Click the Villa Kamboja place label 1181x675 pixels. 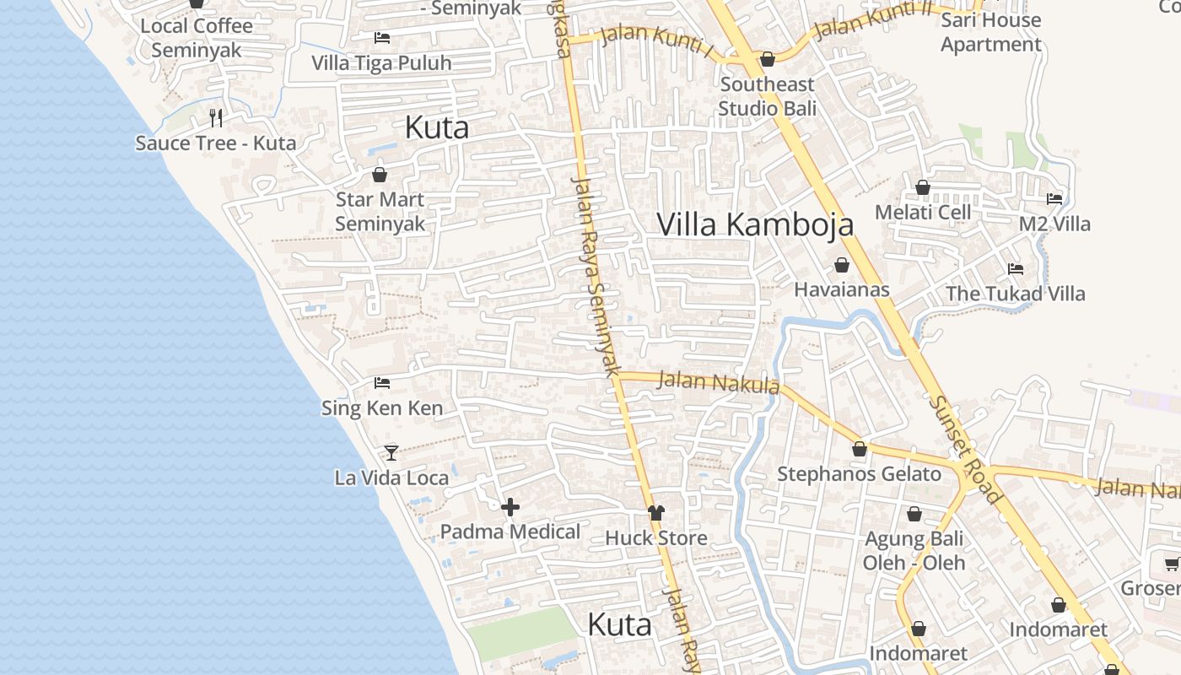tap(755, 224)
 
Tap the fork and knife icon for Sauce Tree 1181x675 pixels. tap(216, 117)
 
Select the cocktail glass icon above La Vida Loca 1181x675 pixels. tap(391, 453)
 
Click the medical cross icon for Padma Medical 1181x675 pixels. tap(510, 507)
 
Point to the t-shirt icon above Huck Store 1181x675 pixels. tap(656, 512)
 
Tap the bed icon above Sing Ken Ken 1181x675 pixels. tap(382, 383)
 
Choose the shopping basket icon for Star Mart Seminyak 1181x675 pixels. tap(380, 175)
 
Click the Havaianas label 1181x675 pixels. tap(842, 289)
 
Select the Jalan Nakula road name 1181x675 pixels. tap(717, 382)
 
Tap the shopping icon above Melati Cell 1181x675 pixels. tap(923, 187)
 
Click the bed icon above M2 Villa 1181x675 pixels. tap(1054, 199)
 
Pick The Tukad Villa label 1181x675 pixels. tap(1015, 294)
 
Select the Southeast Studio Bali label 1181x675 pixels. tap(768, 96)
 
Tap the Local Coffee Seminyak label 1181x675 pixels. tap(197, 38)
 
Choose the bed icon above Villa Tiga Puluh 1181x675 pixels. tap(382, 38)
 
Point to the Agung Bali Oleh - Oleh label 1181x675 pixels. tap(914, 550)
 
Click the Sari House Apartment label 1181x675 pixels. tap(991, 32)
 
